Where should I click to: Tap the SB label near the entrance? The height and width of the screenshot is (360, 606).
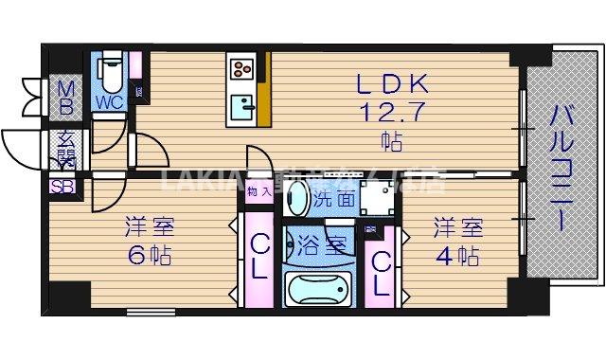(x=63, y=186)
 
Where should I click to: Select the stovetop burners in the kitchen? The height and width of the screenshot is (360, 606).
(x=240, y=68)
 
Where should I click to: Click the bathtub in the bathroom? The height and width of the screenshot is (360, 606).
(x=318, y=288)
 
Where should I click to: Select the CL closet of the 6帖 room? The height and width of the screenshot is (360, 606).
(x=260, y=256)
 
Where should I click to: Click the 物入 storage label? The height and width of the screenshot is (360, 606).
(x=258, y=190)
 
